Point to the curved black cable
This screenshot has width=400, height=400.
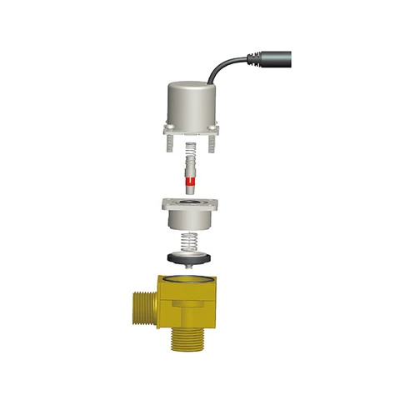tap(223, 67)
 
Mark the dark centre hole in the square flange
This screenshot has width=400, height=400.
tap(191, 202)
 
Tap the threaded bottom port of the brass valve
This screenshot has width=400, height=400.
tap(185, 337)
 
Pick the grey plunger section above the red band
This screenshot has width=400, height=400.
tap(191, 171)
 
